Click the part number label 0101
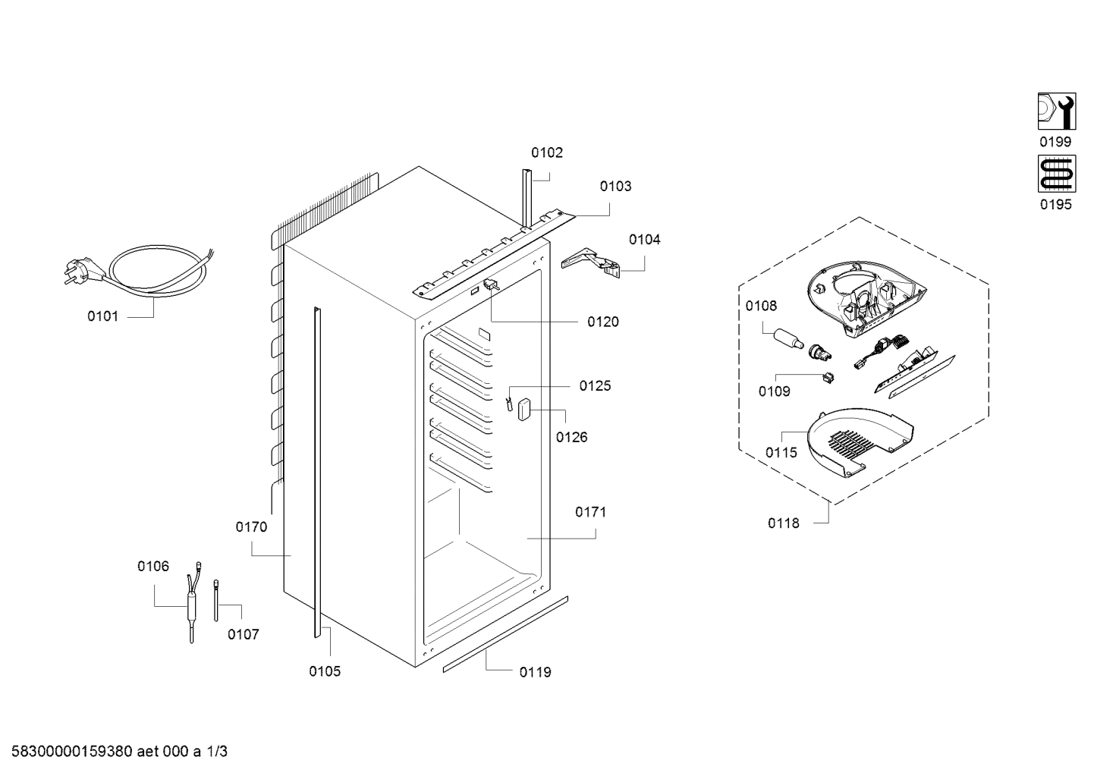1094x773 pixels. (102, 316)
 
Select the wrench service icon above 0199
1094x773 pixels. (1055, 112)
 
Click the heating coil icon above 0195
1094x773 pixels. (1055, 174)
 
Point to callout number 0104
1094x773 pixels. (644, 240)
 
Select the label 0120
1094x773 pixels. (603, 322)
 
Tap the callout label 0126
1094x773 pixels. (571, 437)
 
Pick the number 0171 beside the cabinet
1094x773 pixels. (590, 512)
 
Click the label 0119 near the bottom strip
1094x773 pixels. (535, 672)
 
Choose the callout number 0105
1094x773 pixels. (325, 671)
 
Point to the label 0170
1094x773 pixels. (251, 527)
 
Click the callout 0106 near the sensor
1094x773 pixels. (153, 566)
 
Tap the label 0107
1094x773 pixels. (244, 634)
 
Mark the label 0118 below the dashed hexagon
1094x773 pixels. (783, 523)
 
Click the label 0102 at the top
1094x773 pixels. (547, 152)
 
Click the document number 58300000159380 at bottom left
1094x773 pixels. (73, 752)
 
